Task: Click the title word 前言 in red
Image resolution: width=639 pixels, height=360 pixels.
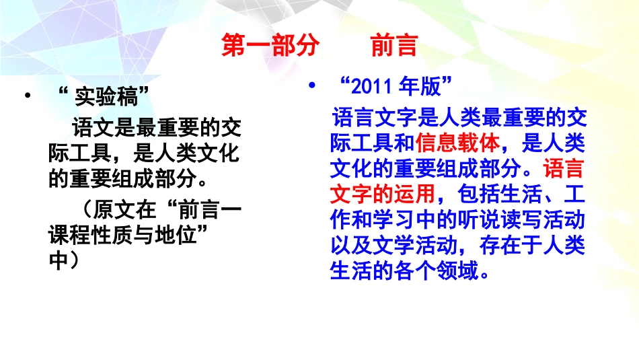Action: pyautogui.click(x=394, y=46)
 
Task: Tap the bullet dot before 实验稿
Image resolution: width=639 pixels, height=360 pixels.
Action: pyautogui.click(x=28, y=97)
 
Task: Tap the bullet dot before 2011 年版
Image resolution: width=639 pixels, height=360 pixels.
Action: pyautogui.click(x=311, y=85)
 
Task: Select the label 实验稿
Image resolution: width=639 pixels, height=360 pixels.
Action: pyautogui.click(x=111, y=98)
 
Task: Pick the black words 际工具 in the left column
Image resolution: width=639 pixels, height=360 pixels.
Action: pyautogui.click(x=79, y=153)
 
